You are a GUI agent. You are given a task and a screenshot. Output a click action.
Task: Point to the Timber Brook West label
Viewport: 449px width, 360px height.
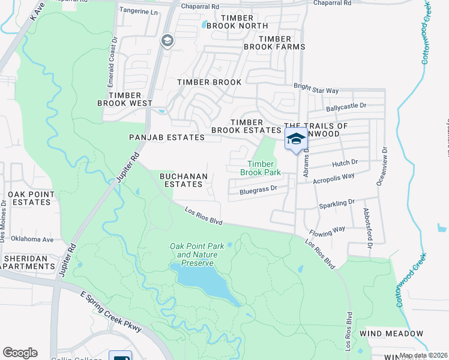(125, 99)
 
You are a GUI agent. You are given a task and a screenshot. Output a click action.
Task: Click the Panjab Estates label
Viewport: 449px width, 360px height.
(167, 137)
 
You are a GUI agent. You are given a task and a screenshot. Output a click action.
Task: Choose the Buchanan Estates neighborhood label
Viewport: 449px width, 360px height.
(184, 180)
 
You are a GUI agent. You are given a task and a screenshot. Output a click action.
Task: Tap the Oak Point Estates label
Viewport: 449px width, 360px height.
(29, 199)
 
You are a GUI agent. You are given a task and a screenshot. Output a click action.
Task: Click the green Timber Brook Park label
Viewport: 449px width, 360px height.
(261, 168)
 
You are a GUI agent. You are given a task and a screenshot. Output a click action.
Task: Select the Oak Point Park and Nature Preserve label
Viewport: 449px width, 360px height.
(197, 250)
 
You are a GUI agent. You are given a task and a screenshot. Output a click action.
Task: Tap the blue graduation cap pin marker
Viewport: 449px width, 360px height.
(295, 139)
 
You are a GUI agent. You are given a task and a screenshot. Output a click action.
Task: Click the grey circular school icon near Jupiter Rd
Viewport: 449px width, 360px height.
(167, 41)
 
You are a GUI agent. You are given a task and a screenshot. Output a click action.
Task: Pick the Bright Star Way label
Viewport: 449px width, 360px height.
(316, 88)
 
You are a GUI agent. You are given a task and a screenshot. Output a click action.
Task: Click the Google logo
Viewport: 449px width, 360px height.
(20, 352)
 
